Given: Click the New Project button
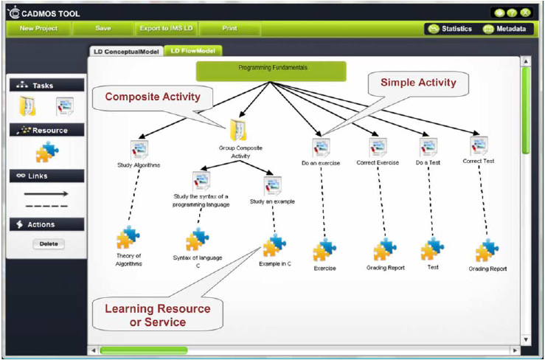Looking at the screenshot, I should tap(38, 29).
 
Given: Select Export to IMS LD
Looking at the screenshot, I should tap(166, 29).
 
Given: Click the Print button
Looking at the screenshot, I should tap(229, 29).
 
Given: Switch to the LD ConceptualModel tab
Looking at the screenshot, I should tap(125, 52).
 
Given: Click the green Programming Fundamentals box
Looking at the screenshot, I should tap(271, 71).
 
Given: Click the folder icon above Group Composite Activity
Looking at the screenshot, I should tap(238, 131).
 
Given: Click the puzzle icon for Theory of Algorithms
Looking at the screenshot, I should tap(128, 238).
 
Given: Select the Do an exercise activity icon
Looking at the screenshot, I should tap(321, 146).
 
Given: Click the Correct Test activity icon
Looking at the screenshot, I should tap(479, 145).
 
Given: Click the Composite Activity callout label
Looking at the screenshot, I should tap(153, 97).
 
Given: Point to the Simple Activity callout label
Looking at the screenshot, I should tap(418, 83).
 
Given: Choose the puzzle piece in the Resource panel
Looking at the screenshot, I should tap(47, 152).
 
